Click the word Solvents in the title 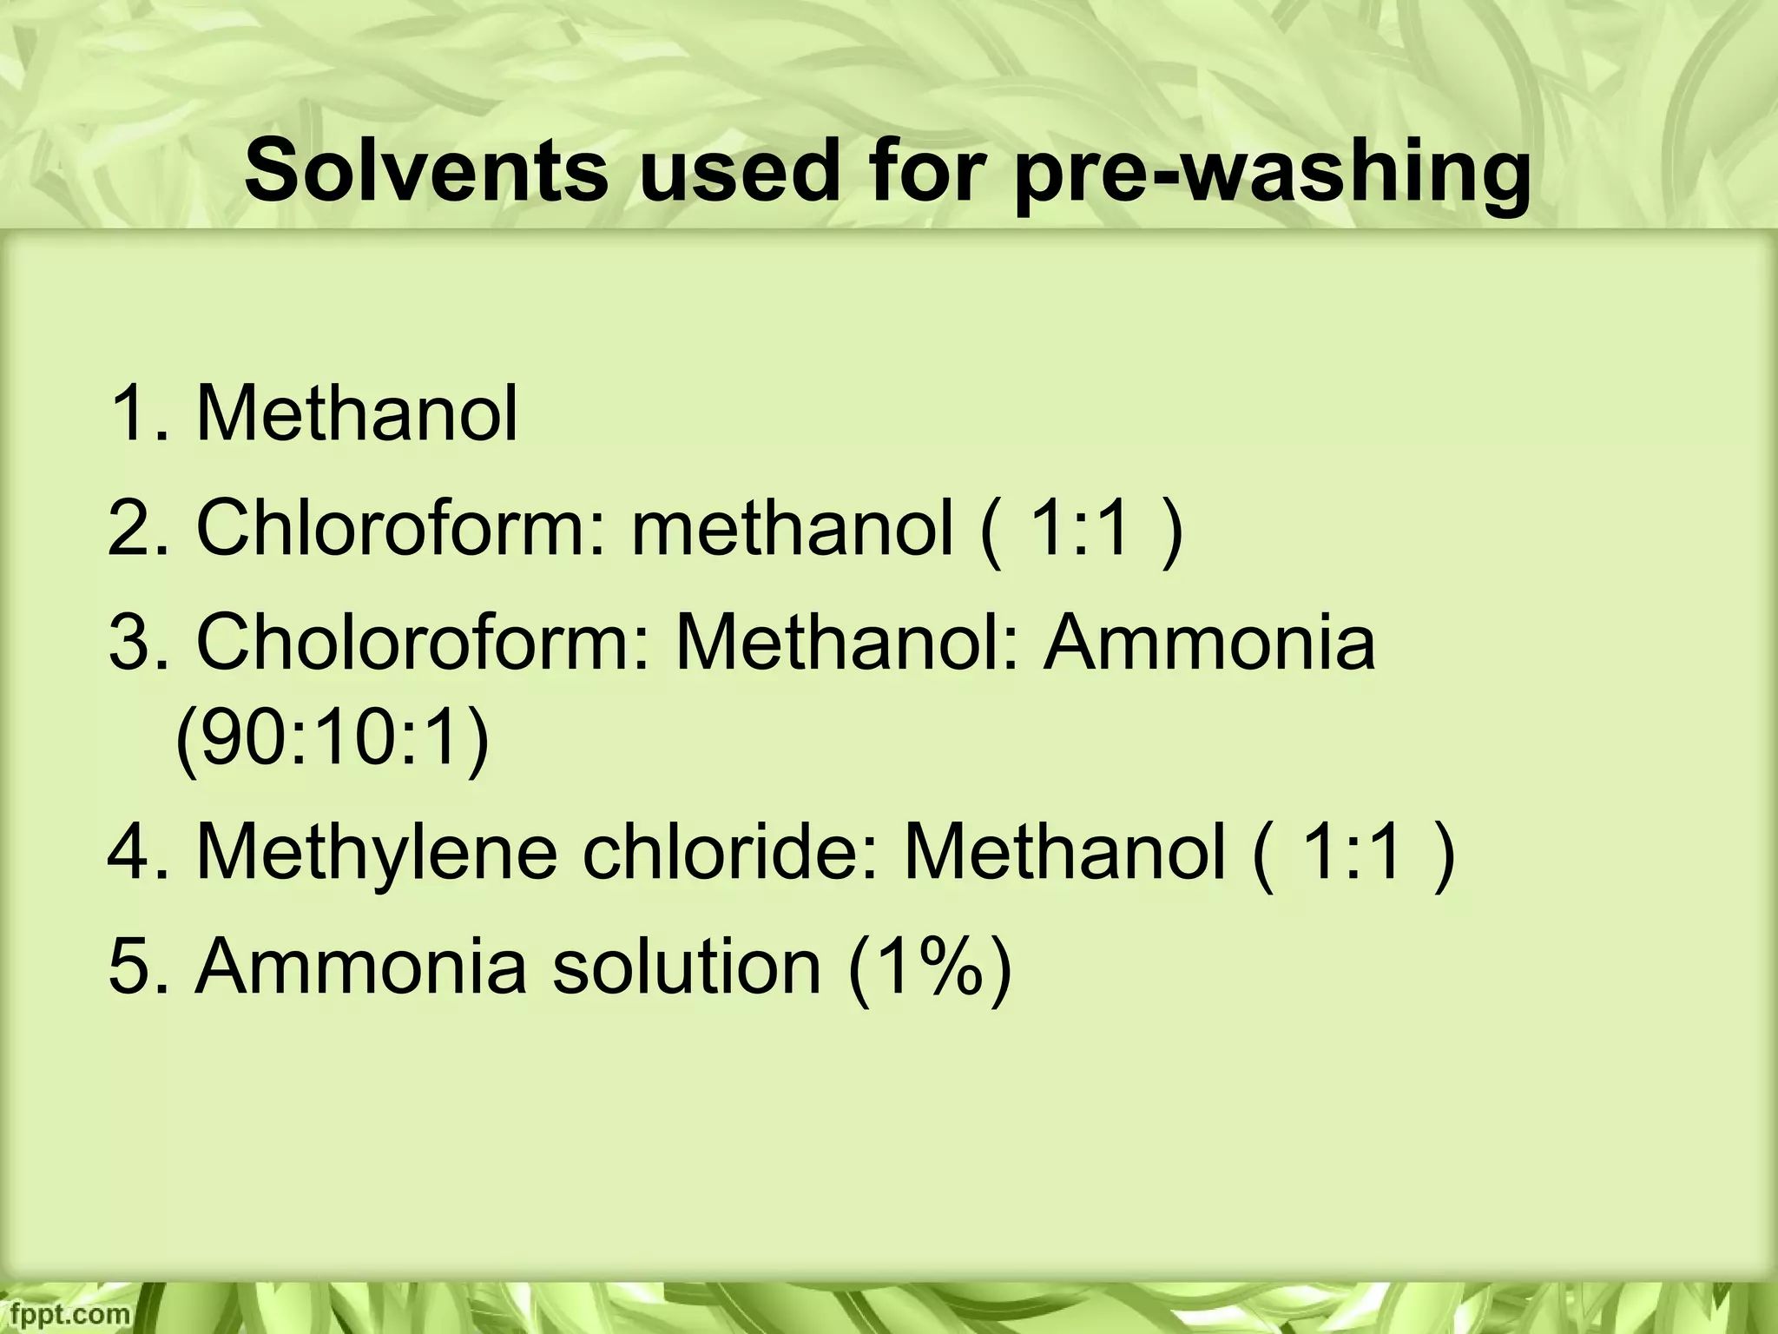pos(426,171)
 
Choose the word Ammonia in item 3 pos(1209,644)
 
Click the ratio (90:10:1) pos(333,740)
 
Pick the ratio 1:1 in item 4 pos(1353,853)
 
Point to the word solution pos(687,966)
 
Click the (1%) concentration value pos(930,967)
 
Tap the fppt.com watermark pos(65,1312)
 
